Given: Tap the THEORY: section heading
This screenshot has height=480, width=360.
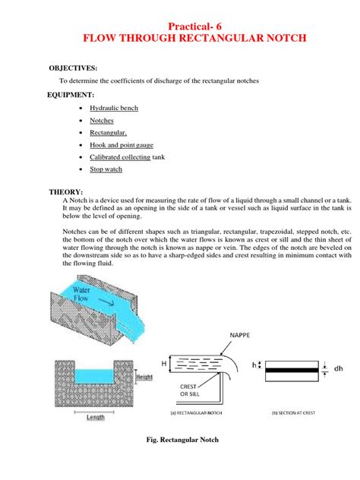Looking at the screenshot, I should click(66, 192).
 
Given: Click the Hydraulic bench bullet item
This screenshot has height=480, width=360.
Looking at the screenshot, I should click(114, 109).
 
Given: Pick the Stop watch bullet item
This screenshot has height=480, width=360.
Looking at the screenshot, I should click(106, 169).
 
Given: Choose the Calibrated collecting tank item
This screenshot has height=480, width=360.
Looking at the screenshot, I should click(127, 157).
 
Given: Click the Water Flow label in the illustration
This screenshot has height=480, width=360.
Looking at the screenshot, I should click(84, 292).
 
